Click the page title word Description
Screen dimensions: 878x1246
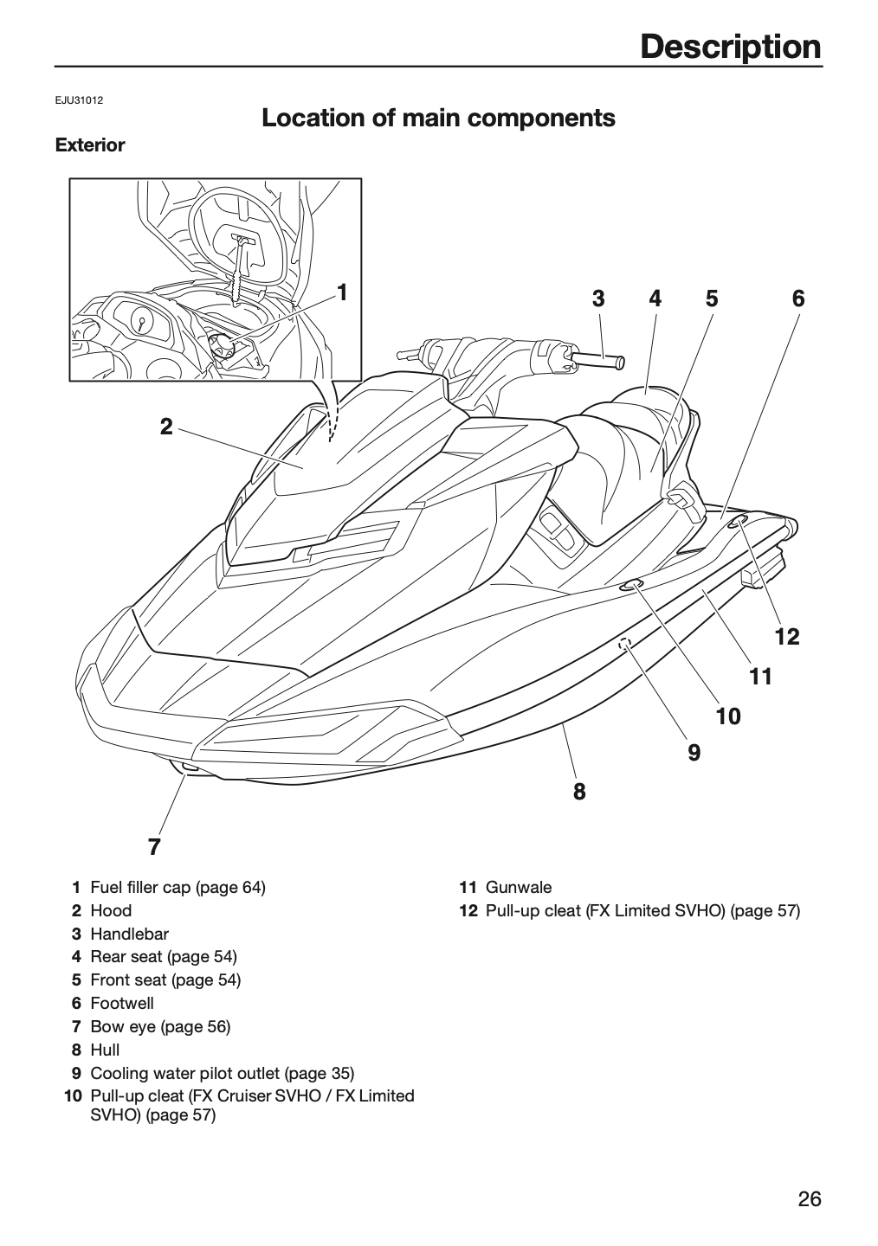click(x=731, y=48)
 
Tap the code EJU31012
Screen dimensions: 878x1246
click(x=79, y=100)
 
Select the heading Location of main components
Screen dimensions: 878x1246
click(x=438, y=118)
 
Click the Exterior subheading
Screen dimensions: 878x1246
click(x=90, y=145)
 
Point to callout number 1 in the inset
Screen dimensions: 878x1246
click(x=342, y=292)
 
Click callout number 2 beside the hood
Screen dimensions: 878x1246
click(x=166, y=427)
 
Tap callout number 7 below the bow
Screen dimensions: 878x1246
click(x=154, y=847)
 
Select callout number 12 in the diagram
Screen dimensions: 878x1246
click(x=787, y=637)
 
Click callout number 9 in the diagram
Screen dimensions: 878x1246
click(x=694, y=753)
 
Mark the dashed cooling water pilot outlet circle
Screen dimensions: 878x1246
click(x=624, y=643)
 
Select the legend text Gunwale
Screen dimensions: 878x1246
click(x=519, y=887)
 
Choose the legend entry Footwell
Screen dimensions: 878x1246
click(x=122, y=1003)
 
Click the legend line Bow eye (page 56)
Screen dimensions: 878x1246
click(x=160, y=1026)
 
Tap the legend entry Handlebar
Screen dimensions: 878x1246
click(x=129, y=934)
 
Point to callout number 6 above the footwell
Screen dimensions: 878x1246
click(x=798, y=299)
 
